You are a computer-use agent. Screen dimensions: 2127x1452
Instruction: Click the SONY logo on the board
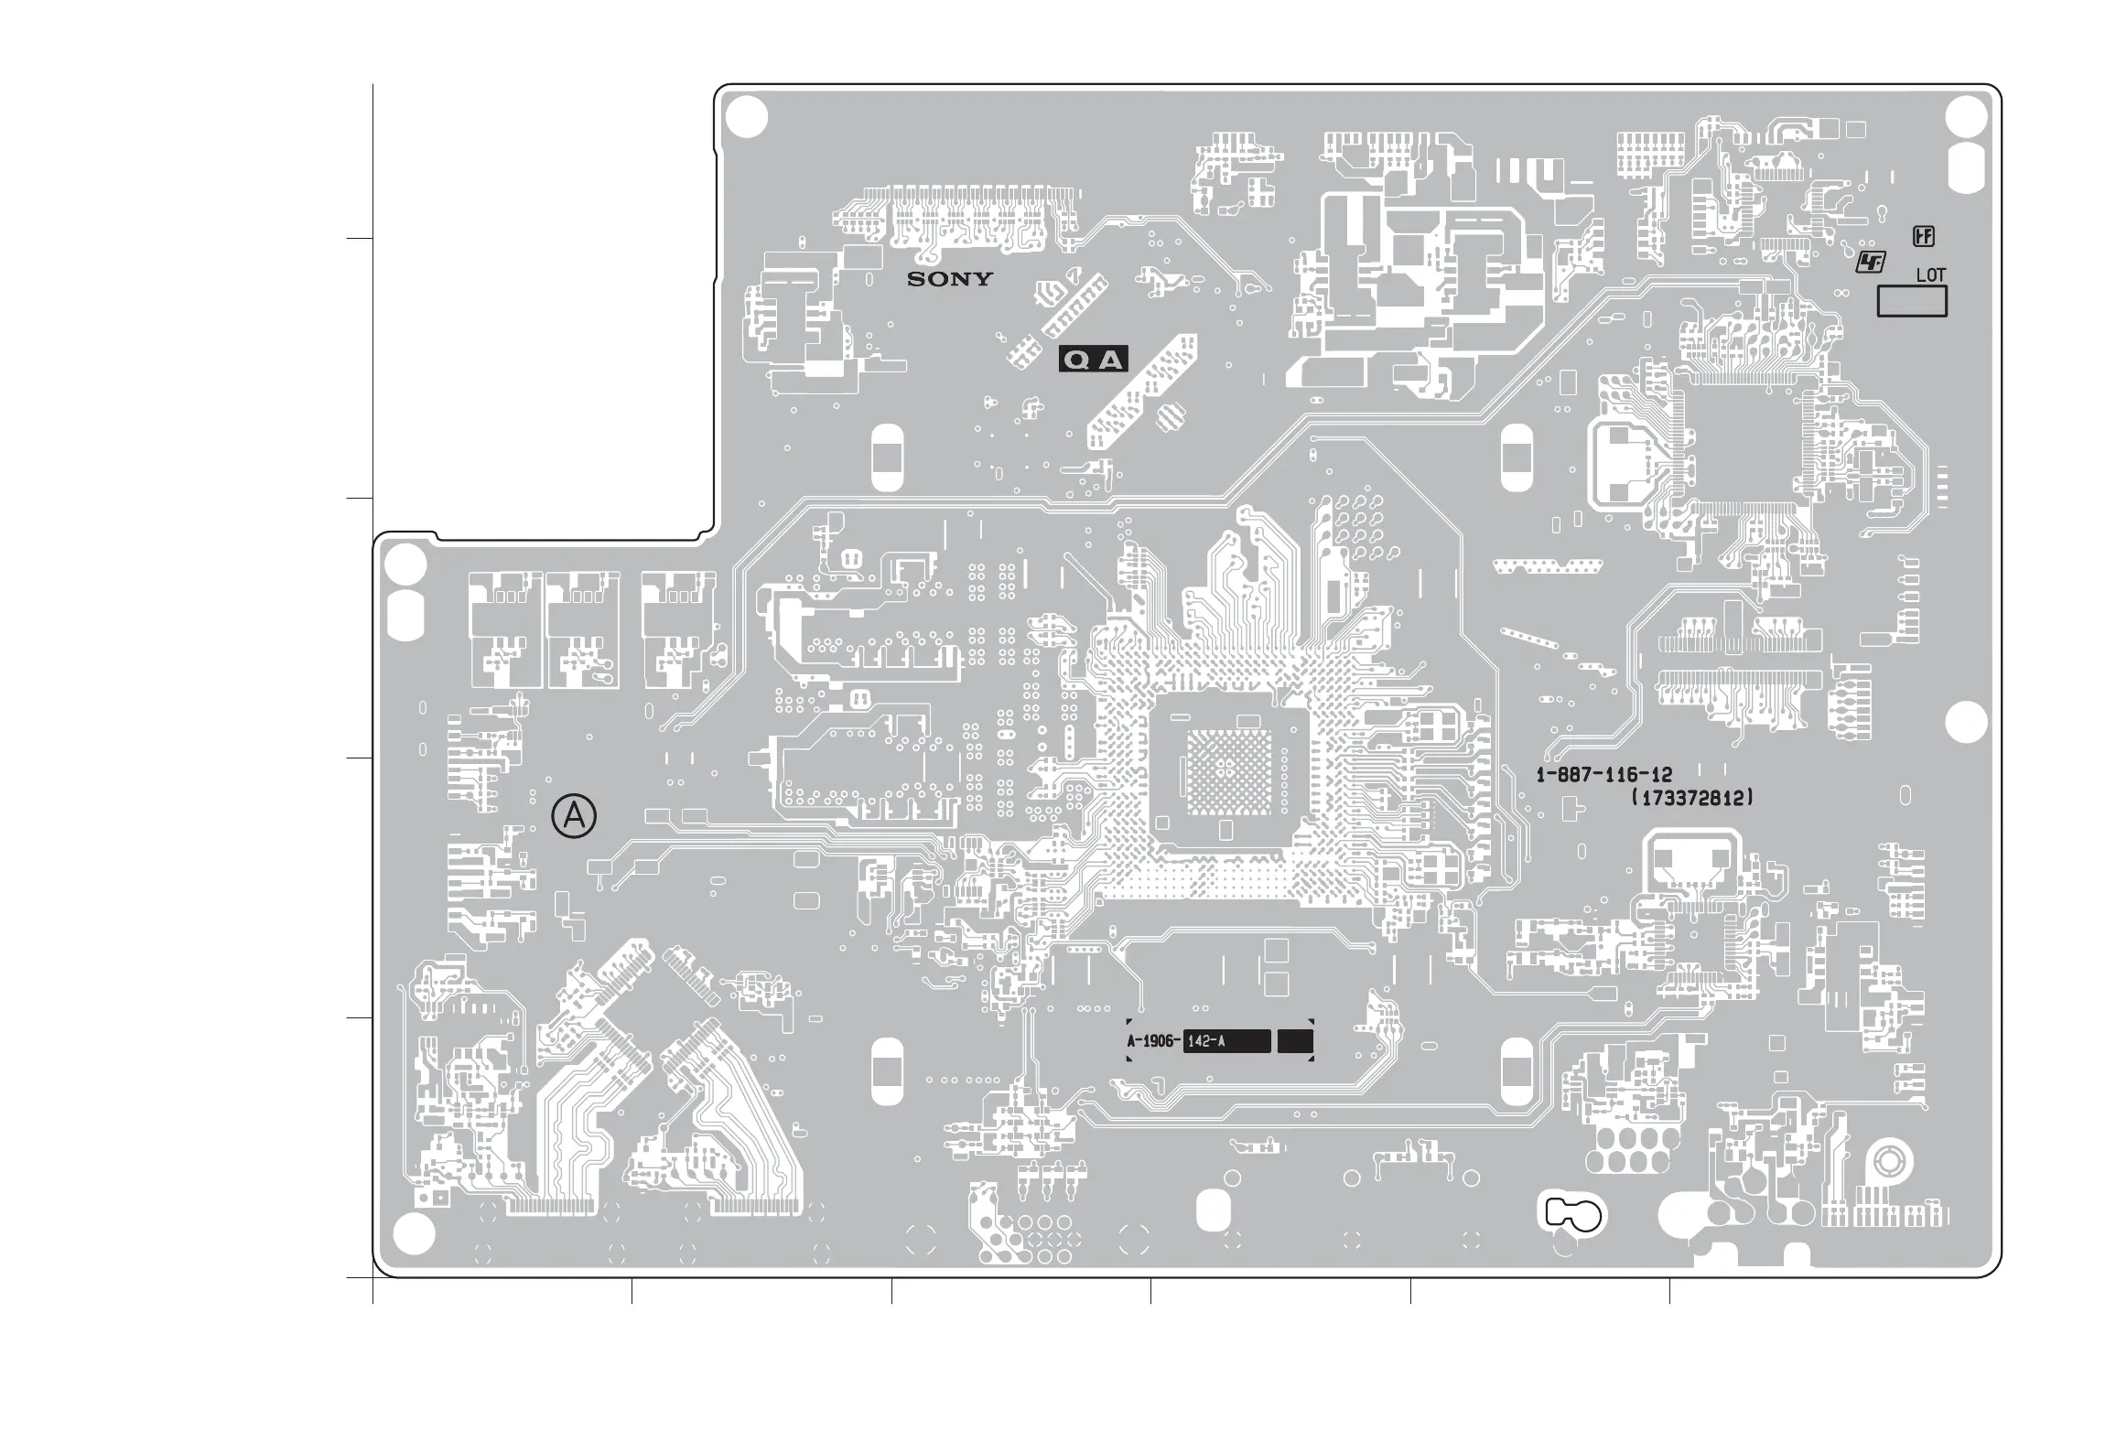[x=949, y=279]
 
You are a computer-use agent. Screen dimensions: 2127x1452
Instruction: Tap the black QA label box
[x=1093, y=360]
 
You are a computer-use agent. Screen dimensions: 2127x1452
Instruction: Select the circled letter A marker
[x=574, y=816]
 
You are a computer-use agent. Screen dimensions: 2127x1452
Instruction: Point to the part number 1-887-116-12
[x=1603, y=776]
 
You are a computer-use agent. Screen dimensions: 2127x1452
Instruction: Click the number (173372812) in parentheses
[x=1693, y=798]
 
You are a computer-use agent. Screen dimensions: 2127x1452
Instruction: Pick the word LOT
[x=1930, y=274]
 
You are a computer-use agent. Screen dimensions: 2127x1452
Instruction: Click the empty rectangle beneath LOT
[x=1911, y=301]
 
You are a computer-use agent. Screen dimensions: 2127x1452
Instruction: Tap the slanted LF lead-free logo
[x=1871, y=264]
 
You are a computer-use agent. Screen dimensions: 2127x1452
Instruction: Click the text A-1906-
[x=1153, y=1041]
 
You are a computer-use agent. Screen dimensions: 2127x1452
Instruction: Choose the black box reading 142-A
[x=1225, y=1041]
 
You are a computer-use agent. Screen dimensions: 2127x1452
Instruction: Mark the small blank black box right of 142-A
[x=1294, y=1041]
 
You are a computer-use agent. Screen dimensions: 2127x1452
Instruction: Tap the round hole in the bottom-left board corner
[x=413, y=1237]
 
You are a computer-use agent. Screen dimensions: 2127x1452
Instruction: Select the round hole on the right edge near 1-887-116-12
[x=1965, y=723]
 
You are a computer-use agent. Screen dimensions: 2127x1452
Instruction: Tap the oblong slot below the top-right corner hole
[x=1966, y=168]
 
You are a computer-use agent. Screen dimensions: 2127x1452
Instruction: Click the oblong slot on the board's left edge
[x=405, y=614]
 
